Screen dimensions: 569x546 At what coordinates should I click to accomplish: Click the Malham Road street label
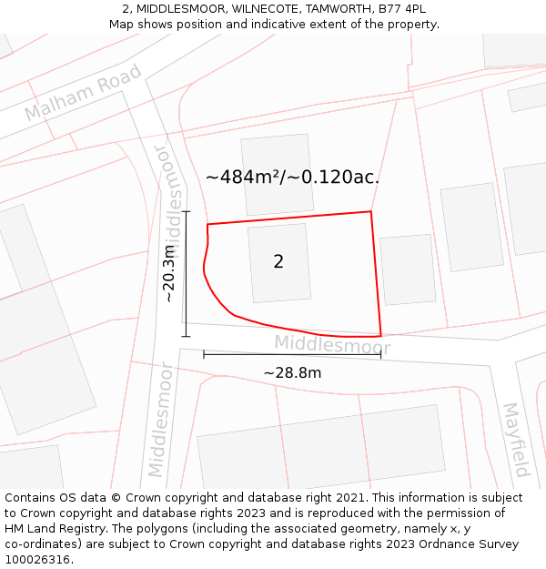(x=83, y=92)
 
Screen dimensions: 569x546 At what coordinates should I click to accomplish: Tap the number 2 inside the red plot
(x=278, y=262)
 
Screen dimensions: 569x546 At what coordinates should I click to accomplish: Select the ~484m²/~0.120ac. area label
(x=292, y=178)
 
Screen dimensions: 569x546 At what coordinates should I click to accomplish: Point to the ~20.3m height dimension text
(x=168, y=273)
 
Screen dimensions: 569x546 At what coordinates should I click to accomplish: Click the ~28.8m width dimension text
(x=292, y=373)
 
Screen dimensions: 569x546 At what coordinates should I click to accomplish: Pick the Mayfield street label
(x=516, y=440)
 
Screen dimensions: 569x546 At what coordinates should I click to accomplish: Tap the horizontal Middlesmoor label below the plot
(x=332, y=345)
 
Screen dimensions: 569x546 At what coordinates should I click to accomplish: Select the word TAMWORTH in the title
(x=324, y=9)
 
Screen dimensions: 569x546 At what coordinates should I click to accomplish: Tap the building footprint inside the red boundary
(x=278, y=263)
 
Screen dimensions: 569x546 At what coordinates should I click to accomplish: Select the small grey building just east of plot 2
(x=408, y=269)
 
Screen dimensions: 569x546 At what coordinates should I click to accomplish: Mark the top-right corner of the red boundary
(x=371, y=212)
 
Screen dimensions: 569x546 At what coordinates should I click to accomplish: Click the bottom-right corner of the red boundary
(x=380, y=335)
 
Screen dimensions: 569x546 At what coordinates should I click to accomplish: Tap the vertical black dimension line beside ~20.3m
(x=186, y=273)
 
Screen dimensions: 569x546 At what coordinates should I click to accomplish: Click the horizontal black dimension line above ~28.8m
(x=292, y=354)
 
